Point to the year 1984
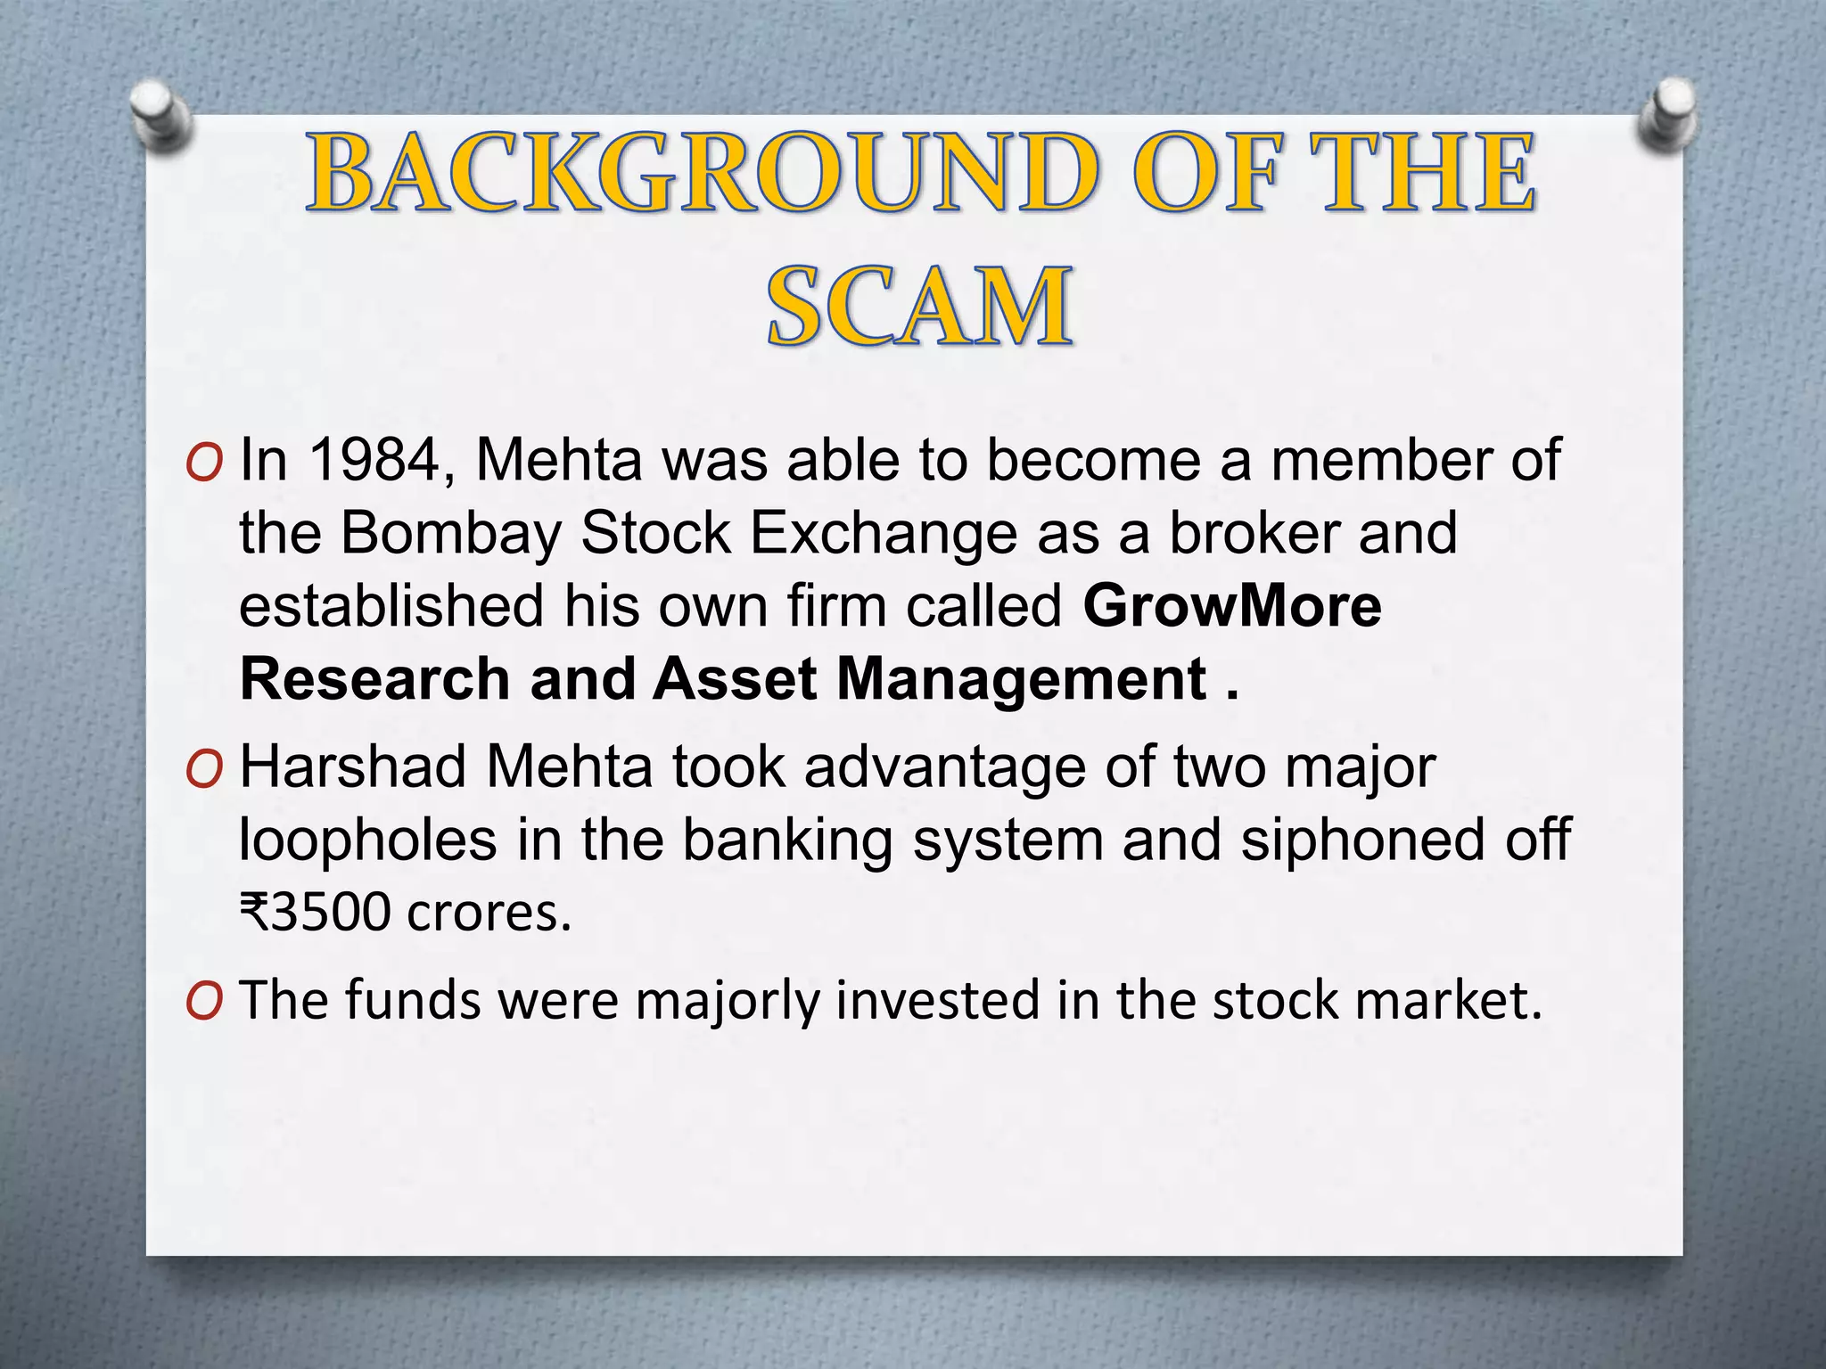pos(375,461)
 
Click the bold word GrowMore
pos(1232,606)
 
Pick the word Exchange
pos(883,534)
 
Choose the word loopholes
pos(367,840)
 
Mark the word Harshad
pos(352,767)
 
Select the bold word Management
pos(1022,679)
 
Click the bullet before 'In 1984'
pos(203,463)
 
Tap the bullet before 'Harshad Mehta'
pos(203,770)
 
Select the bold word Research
pos(374,679)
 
